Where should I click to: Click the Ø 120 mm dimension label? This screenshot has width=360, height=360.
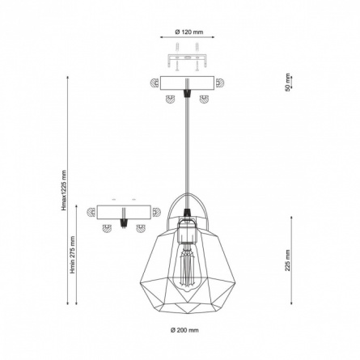click(189, 32)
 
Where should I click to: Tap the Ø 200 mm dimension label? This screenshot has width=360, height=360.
click(184, 330)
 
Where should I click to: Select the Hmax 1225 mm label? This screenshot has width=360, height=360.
click(64, 190)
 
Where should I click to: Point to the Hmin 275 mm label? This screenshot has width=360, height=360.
click(73, 255)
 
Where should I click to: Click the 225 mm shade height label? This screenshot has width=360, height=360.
click(288, 260)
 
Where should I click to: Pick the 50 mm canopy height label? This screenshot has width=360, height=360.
click(288, 82)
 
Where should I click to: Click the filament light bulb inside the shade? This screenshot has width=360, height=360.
click(185, 268)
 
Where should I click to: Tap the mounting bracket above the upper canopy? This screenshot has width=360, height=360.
click(187, 61)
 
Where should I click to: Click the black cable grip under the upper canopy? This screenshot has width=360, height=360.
click(187, 93)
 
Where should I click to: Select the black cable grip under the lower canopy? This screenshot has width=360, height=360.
click(124, 222)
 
